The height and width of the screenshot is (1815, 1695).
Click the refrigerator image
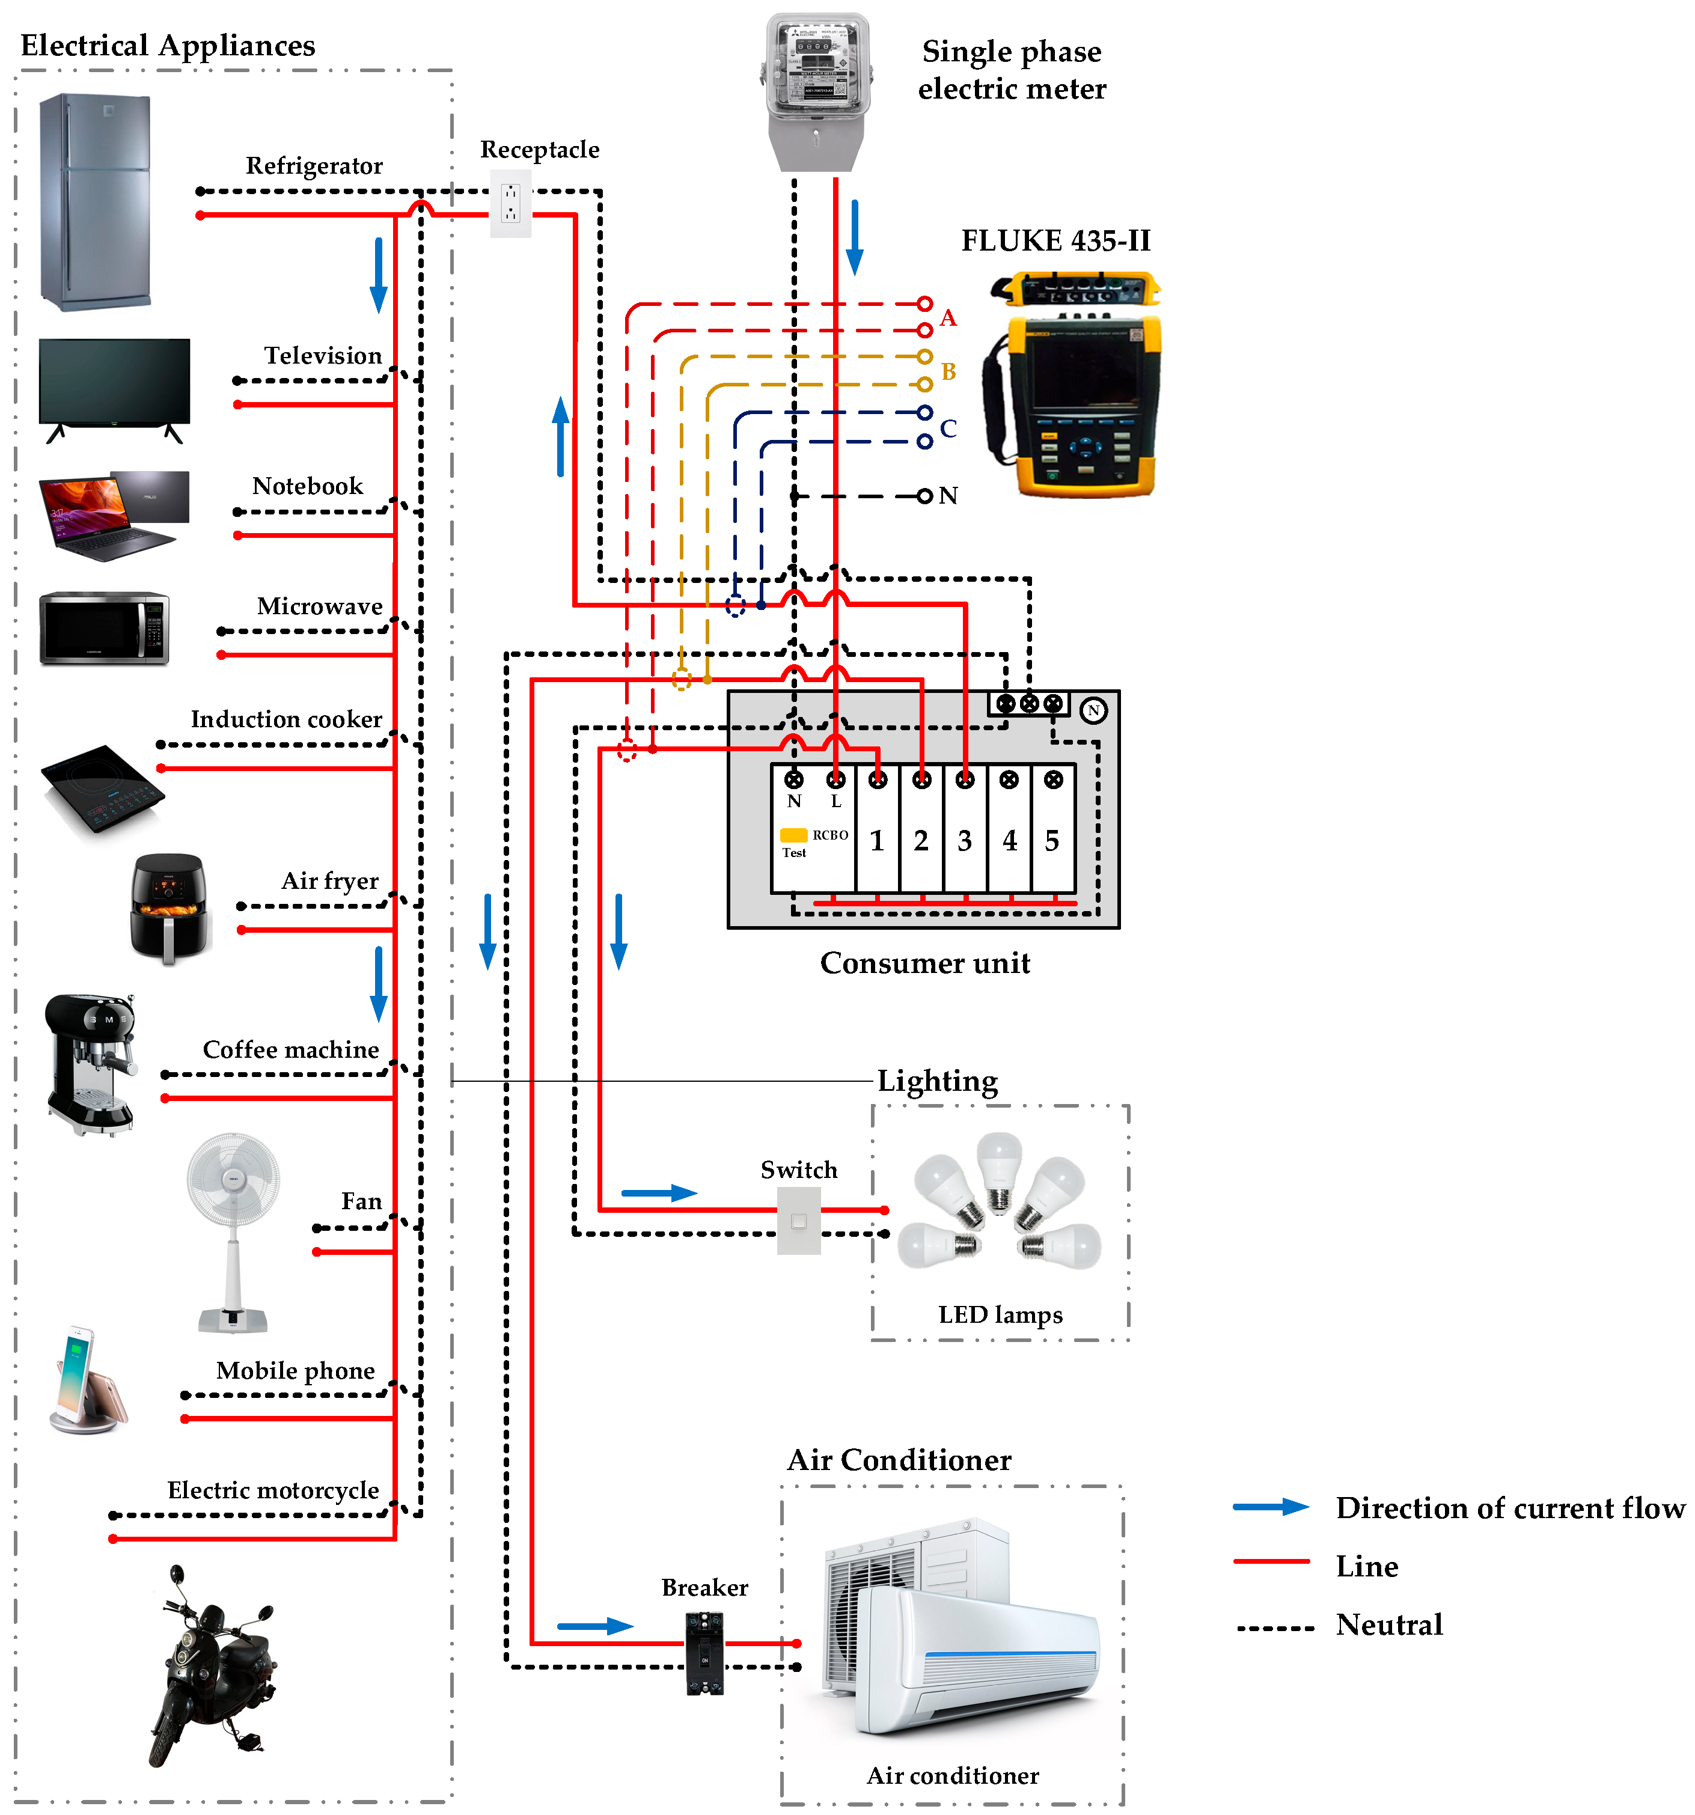pyautogui.click(x=95, y=202)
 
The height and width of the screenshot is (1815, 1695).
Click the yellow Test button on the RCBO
pyautogui.click(x=793, y=834)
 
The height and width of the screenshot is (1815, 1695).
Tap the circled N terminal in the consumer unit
pyautogui.click(x=1093, y=710)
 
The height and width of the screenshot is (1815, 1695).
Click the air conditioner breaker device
pyautogui.click(x=704, y=1653)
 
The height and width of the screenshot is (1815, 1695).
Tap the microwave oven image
pyautogui.click(x=104, y=628)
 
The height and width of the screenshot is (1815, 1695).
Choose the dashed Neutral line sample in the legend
pyautogui.click(x=1275, y=1629)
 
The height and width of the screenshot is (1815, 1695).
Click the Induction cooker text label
pyautogui.click(x=286, y=719)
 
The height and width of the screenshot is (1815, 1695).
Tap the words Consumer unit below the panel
pyautogui.click(x=924, y=963)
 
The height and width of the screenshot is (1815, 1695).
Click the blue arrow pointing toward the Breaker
pyautogui.click(x=594, y=1626)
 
